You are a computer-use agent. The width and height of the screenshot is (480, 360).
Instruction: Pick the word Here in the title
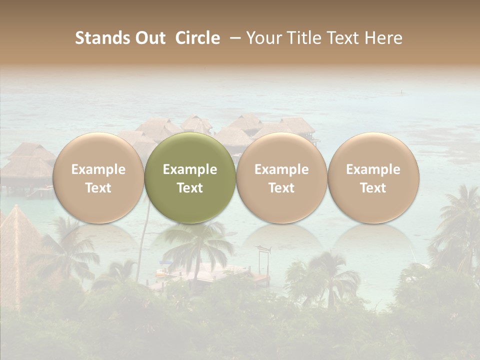click(x=383, y=38)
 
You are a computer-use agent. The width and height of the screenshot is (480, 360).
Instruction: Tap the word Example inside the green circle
click(x=190, y=169)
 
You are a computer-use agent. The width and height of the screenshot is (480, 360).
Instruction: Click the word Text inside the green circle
click(x=190, y=188)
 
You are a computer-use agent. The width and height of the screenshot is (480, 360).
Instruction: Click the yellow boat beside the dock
click(x=162, y=273)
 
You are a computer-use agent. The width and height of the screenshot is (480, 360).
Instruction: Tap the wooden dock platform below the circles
click(x=210, y=274)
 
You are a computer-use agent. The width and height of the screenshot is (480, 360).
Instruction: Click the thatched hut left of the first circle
click(x=27, y=165)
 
